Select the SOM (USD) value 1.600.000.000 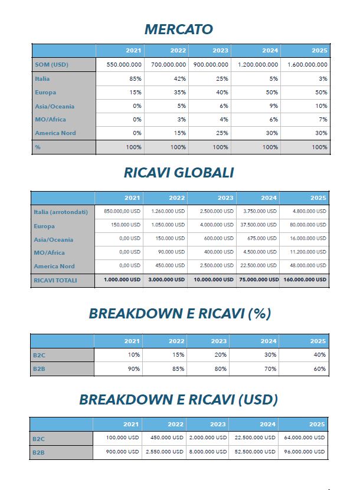tap(307, 64)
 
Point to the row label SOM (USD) tap(51, 64)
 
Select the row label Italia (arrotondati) tap(61, 212)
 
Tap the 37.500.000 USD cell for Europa tap(259, 225)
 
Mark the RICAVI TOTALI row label tap(55, 280)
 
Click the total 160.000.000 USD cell tap(304, 279)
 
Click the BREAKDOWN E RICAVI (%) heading tap(179, 314)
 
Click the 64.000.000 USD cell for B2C tap(304, 438)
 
